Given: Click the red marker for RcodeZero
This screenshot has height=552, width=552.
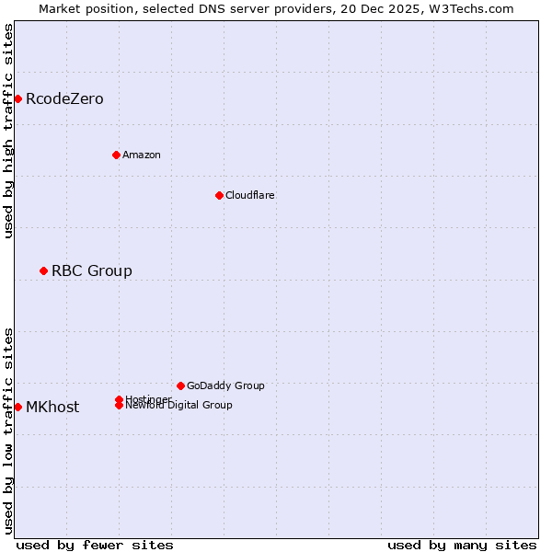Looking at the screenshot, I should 17,98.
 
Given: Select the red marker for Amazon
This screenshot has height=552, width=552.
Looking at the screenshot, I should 116,155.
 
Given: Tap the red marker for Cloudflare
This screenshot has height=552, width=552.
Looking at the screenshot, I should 219,195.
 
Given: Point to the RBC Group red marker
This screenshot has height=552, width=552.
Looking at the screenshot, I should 43,270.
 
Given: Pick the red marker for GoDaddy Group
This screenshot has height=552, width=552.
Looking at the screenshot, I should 180,385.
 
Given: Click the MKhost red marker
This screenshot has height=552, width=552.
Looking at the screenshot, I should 17,407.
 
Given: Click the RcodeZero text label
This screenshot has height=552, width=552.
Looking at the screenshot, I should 64,98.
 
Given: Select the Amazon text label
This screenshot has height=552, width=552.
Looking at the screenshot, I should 142,155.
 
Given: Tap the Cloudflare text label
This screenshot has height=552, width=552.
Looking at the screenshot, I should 250,195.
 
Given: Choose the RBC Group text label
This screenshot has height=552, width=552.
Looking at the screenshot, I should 92,270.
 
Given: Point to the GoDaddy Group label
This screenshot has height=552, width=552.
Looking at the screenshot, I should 225,385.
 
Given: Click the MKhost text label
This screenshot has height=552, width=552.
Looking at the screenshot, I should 52,407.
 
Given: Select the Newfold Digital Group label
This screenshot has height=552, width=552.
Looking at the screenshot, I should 178,406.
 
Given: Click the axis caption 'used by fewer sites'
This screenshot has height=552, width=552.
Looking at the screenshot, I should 95,545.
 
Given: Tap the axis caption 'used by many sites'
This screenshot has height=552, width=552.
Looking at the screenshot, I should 462,545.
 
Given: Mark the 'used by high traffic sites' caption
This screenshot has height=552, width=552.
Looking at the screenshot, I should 8,131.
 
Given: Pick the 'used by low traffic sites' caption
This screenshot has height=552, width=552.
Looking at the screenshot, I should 8,431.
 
